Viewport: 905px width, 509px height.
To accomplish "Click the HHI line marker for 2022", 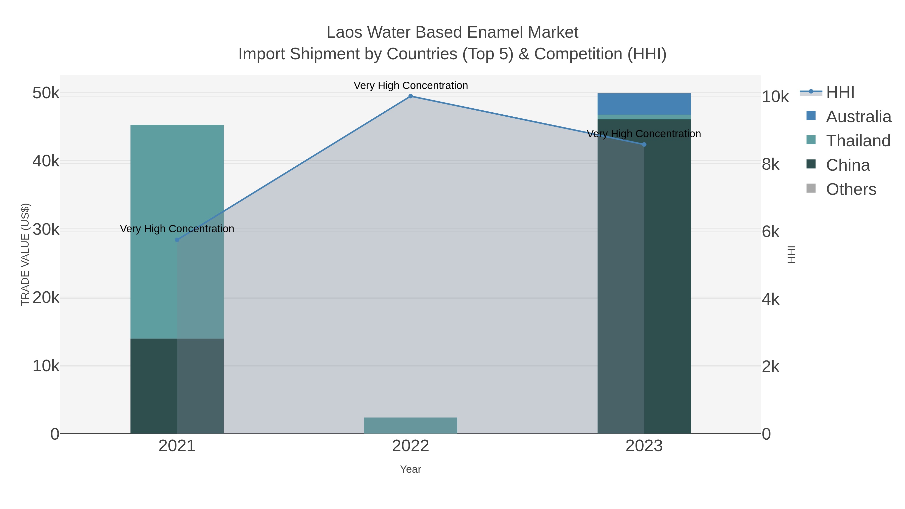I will (410, 96).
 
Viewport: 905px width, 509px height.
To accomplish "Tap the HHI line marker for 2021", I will (177, 240).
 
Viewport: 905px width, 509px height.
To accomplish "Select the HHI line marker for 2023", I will (644, 144).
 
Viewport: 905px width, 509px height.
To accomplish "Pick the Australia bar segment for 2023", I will (644, 104).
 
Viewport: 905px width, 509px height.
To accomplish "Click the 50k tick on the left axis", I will (46, 94).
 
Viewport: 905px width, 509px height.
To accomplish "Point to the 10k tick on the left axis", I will (46, 366).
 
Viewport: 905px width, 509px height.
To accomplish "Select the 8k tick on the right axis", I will (771, 164).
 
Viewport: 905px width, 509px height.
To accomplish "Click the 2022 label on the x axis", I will (410, 446).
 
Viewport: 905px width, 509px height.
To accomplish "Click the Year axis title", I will (410, 469).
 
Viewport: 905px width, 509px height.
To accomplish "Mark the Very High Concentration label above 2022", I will (410, 85).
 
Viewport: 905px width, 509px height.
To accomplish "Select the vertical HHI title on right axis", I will (791, 254).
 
